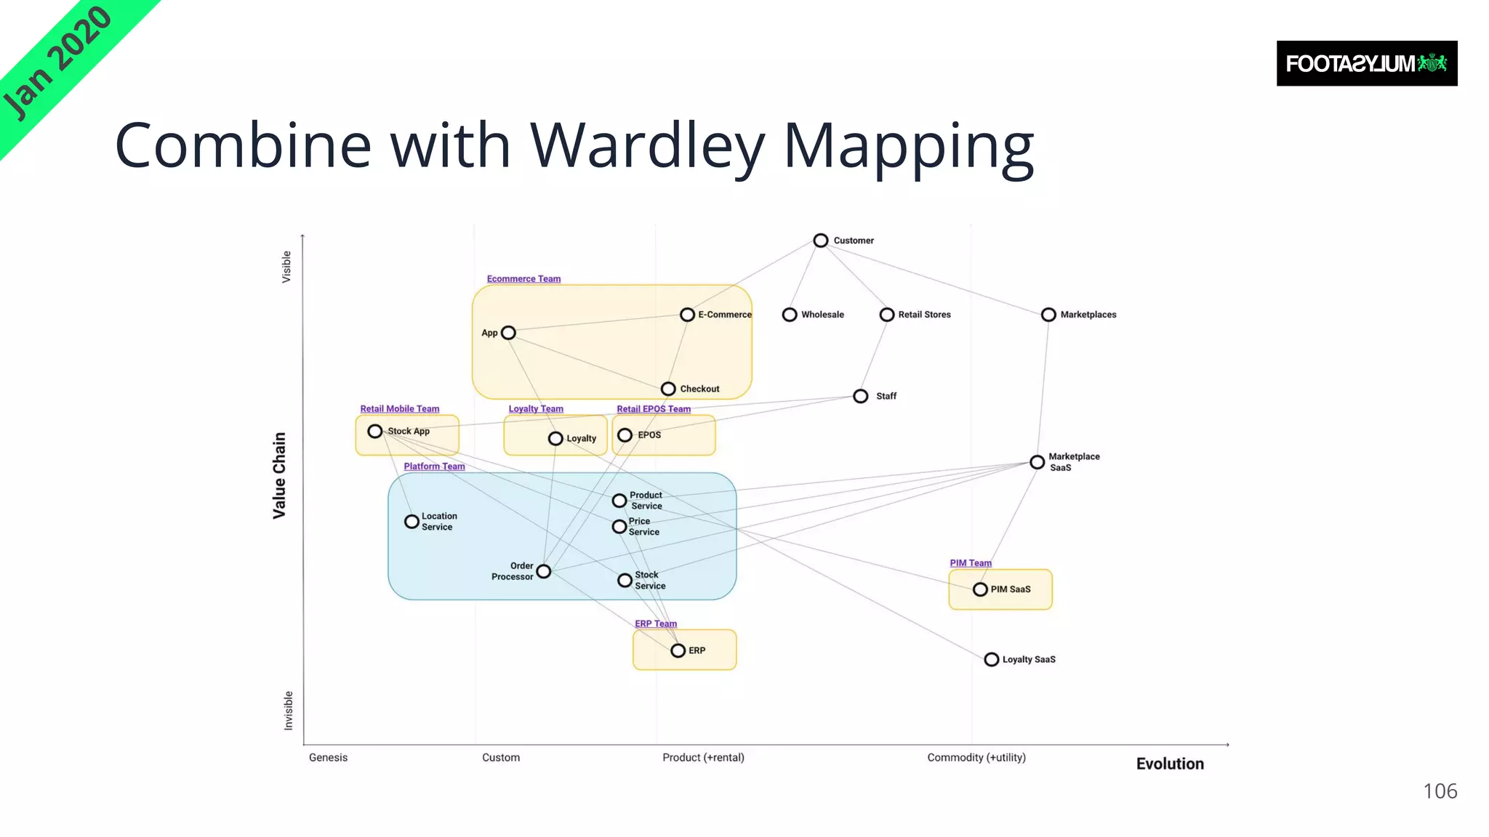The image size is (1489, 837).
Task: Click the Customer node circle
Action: pos(820,240)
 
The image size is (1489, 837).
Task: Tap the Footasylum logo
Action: pos(1366,64)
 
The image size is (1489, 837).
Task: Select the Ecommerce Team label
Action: pos(523,279)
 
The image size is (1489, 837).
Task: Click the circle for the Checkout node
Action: pos(668,389)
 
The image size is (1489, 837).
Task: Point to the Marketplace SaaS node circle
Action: pos(1037,462)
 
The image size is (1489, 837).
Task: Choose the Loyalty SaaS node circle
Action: pos(991,660)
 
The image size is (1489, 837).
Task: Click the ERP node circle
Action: pos(678,650)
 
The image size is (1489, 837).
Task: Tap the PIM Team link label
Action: pos(970,563)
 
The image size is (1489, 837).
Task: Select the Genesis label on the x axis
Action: pos(328,757)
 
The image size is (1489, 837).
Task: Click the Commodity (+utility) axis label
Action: pos(976,757)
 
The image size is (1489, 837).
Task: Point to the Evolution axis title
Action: pos(1169,764)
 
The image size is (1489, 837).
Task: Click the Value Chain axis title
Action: pos(279,475)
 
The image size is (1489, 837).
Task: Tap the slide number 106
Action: pos(1439,790)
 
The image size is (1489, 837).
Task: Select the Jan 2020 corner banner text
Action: pos(57,62)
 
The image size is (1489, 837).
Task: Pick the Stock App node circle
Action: pos(374,432)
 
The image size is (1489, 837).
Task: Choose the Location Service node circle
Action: pos(412,522)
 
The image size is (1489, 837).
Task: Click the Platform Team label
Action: pos(434,466)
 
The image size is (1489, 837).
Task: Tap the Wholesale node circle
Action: pos(790,315)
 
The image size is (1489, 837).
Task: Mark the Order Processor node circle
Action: pos(543,572)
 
